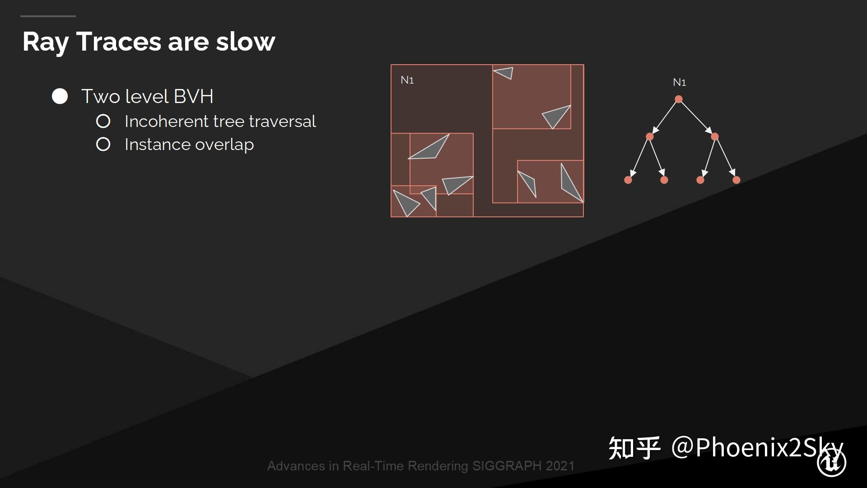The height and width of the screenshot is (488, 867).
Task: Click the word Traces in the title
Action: pyautogui.click(x=118, y=42)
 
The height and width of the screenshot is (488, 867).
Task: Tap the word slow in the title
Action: pyautogui.click(x=245, y=42)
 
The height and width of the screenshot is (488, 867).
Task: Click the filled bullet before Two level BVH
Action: pyautogui.click(x=60, y=96)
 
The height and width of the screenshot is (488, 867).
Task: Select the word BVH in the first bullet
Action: pyautogui.click(x=193, y=96)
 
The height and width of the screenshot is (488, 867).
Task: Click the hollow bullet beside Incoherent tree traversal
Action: pyautogui.click(x=103, y=121)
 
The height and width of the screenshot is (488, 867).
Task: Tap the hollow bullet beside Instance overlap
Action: pyautogui.click(x=103, y=144)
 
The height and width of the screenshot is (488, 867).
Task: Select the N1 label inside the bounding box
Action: pyautogui.click(x=407, y=80)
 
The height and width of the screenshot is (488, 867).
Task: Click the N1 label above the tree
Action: pyautogui.click(x=679, y=82)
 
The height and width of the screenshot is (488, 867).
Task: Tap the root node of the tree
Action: pyautogui.click(x=678, y=99)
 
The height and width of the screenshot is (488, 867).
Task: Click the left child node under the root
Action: pyautogui.click(x=650, y=136)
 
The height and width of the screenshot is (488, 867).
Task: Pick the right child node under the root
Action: pyautogui.click(x=714, y=136)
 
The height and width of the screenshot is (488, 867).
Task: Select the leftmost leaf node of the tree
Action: pyautogui.click(x=628, y=180)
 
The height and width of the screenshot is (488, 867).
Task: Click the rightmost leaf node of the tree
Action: pyautogui.click(x=736, y=180)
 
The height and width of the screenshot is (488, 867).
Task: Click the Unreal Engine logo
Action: pyautogui.click(x=831, y=463)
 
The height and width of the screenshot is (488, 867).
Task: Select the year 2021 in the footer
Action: pyautogui.click(x=560, y=466)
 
